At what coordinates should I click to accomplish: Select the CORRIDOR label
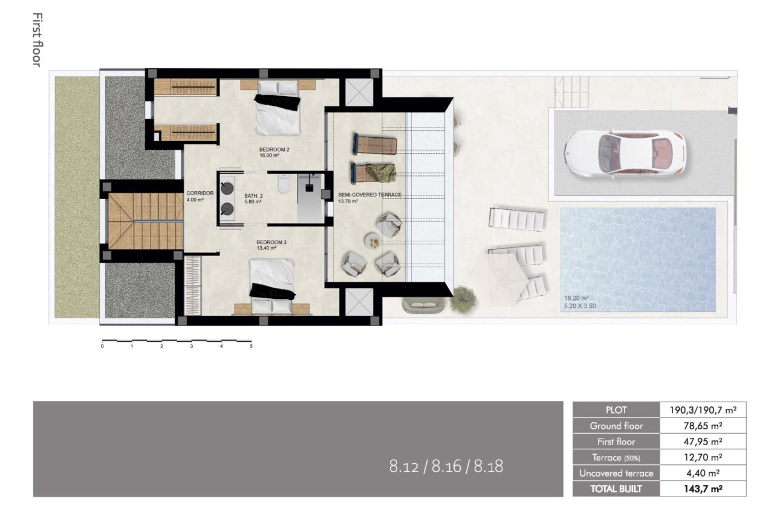tap(200, 194)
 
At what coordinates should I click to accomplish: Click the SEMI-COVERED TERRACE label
tap(369, 195)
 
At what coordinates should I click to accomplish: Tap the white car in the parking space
tap(624, 152)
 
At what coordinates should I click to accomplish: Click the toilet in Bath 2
tap(284, 184)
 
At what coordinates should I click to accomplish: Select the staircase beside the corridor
tap(146, 221)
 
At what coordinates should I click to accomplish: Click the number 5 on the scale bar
tap(250, 347)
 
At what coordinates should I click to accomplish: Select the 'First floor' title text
tap(36, 39)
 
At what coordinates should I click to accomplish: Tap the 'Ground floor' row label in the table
tap(616, 426)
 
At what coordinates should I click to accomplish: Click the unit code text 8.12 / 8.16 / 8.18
tap(446, 466)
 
